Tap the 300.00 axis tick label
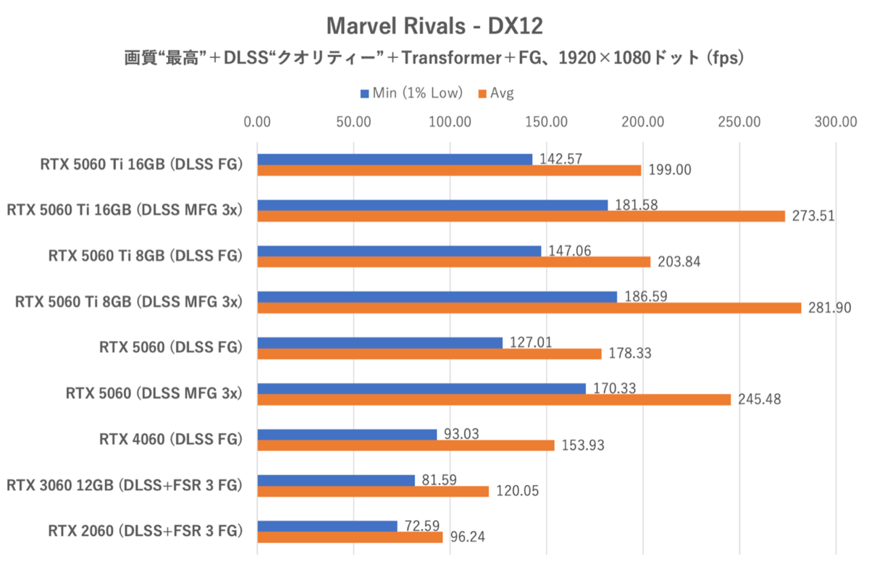pos(836,122)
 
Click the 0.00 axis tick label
pos(258,122)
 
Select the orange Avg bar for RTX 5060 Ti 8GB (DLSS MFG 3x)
pos(529,308)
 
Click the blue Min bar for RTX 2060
pos(327,526)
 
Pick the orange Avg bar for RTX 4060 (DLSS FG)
pos(406,445)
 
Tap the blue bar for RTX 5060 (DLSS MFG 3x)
pos(421,389)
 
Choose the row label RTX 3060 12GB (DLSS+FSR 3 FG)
pos(123,485)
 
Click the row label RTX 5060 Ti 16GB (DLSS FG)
pos(140,164)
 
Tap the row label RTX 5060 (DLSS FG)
pos(169,348)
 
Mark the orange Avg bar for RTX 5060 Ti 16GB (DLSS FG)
pos(449,170)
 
